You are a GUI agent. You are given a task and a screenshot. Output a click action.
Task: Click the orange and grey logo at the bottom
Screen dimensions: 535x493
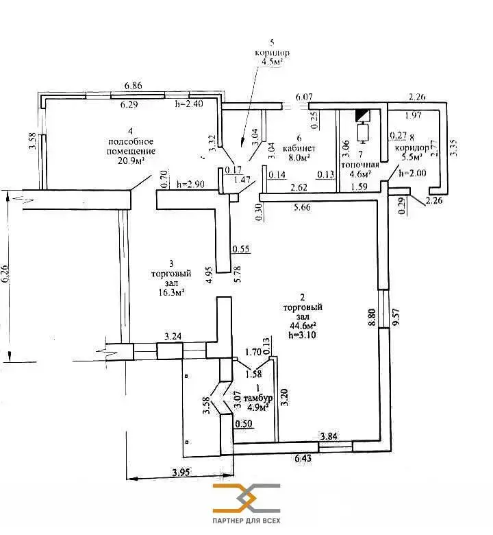[x=246, y=498]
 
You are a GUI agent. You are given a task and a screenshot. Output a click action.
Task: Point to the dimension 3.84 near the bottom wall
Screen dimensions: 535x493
[x=330, y=435]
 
